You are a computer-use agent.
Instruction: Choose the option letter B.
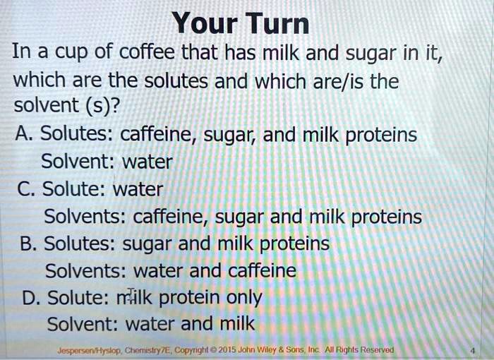[x=29, y=244]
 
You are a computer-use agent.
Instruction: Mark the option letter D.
[x=29, y=298]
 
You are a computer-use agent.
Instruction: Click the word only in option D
[x=244, y=298]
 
